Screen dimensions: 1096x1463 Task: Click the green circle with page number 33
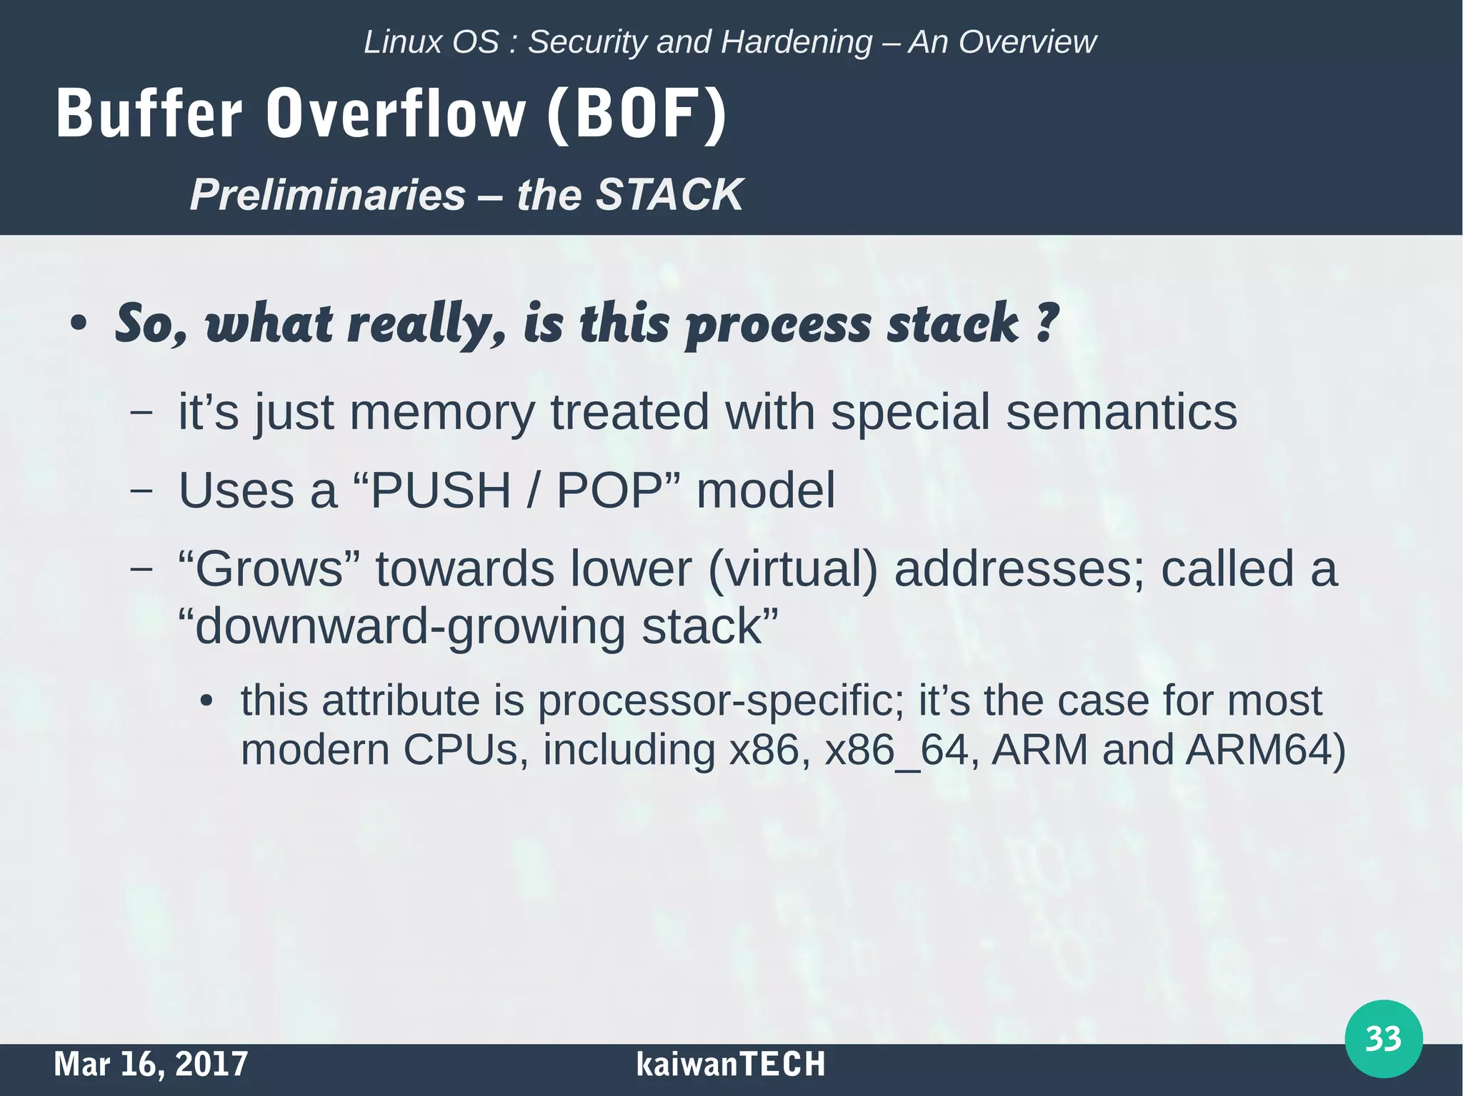[1383, 1038]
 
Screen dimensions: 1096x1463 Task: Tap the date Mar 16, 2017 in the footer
[151, 1064]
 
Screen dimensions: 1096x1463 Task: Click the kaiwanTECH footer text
[730, 1064]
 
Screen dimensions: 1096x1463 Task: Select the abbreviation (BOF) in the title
[636, 114]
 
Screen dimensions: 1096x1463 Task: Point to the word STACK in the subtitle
[669, 195]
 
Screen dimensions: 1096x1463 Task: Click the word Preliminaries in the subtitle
[328, 195]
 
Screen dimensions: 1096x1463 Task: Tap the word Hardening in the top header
[797, 42]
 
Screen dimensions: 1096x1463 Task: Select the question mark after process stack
[1047, 323]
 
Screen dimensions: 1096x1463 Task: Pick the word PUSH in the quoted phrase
[440, 491]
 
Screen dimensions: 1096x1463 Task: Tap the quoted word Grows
[270, 569]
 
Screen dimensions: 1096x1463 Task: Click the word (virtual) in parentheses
[792, 569]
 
